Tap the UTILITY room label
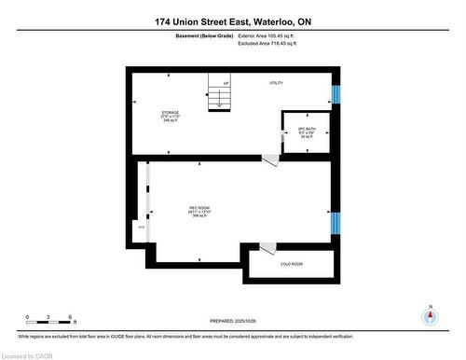(276, 83)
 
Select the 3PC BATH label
(303, 132)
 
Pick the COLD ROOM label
(292, 265)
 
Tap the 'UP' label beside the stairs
(226, 84)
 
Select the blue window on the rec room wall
(336, 224)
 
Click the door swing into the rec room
(269, 162)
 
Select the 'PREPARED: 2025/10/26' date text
(233, 323)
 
